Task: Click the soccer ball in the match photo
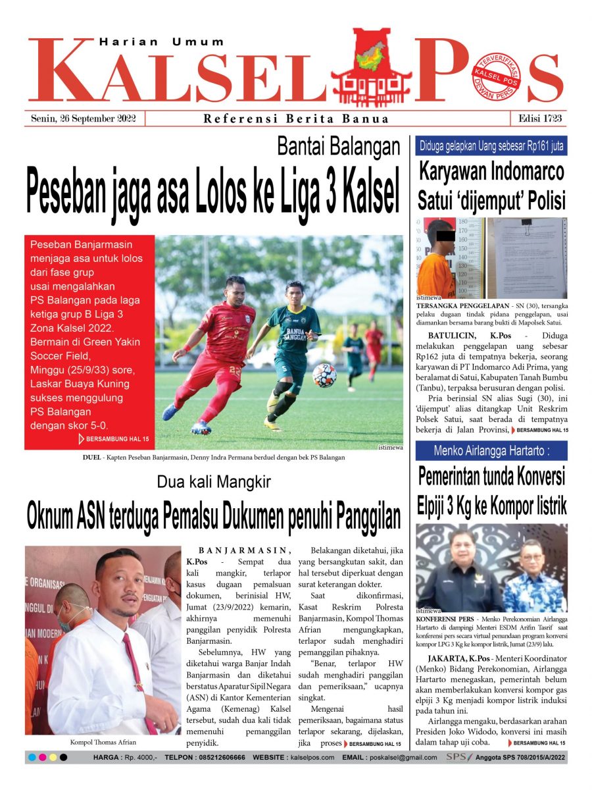pos(324,375)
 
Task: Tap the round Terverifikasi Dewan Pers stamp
pos(496,78)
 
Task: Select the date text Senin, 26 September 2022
pos(84,119)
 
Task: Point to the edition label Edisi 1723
pos(539,119)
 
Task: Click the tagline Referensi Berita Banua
pos(296,119)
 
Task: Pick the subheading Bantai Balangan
pos(338,147)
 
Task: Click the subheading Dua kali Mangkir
pos(214,483)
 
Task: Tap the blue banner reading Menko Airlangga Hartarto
pos(491,451)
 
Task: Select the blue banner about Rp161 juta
pos(491,146)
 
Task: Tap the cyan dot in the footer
pos(32,758)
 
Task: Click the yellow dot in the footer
pos(53,758)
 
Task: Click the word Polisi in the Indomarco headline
pos(535,199)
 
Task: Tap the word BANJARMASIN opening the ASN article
pos(244,550)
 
